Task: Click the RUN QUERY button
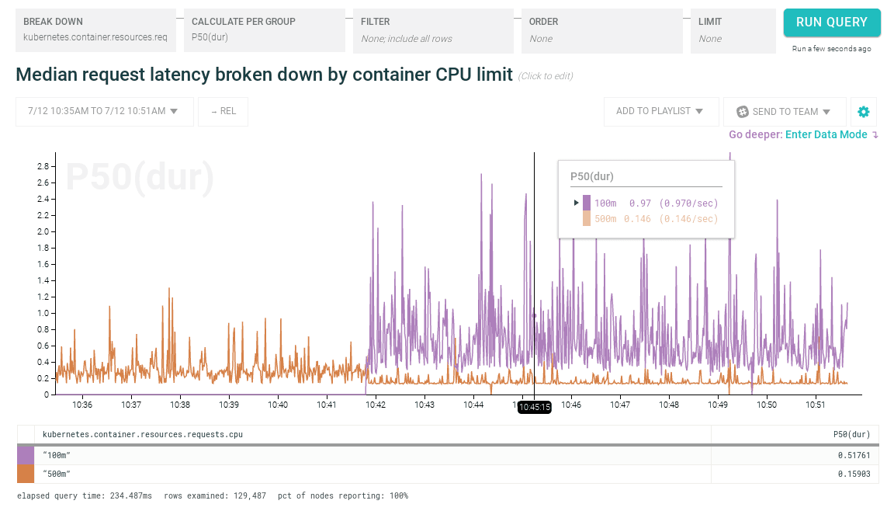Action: pos(831,23)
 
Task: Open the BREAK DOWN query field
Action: pos(95,30)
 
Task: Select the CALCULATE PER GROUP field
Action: pos(264,30)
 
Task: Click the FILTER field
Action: pos(433,30)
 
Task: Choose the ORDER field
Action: pos(601,30)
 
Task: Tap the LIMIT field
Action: pos(733,30)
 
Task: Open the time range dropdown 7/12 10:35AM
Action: pos(104,111)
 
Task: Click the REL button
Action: pos(223,111)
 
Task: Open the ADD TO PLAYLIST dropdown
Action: pos(660,111)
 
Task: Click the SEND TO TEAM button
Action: pos(784,111)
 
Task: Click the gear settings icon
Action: pos(864,112)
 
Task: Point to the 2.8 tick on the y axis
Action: pos(43,166)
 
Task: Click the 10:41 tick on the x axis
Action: pos(327,405)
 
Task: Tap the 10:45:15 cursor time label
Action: pos(535,407)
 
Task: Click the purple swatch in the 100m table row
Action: pos(26,455)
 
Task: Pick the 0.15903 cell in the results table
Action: pos(854,474)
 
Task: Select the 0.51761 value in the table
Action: pos(854,455)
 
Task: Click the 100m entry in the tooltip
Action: pos(605,203)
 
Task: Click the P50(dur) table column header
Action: pos(851,434)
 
